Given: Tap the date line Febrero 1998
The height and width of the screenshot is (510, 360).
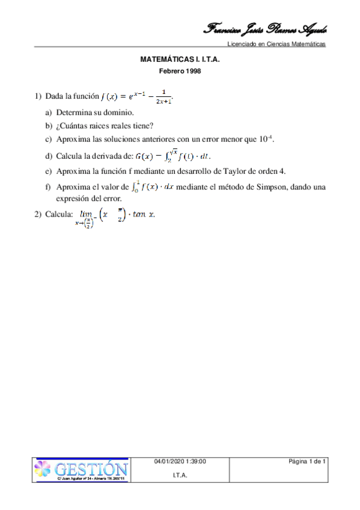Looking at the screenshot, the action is [180, 71].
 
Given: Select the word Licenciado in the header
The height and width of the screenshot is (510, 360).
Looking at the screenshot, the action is [242, 45].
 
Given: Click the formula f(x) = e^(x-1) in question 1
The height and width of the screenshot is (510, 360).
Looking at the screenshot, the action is [138, 97].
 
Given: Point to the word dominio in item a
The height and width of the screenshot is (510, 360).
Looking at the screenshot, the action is [117, 112].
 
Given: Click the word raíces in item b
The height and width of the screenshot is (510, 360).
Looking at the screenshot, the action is [106, 126].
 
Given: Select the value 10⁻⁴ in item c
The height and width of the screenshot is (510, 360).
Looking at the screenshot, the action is [266, 139].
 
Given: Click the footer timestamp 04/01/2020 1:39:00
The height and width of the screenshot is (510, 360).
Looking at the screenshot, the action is [180, 461].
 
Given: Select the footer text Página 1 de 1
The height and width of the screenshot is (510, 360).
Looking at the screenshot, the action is [307, 461].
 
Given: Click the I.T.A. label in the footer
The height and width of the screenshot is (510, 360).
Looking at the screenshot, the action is [180, 475].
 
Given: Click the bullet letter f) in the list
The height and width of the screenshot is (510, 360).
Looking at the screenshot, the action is [48, 187].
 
